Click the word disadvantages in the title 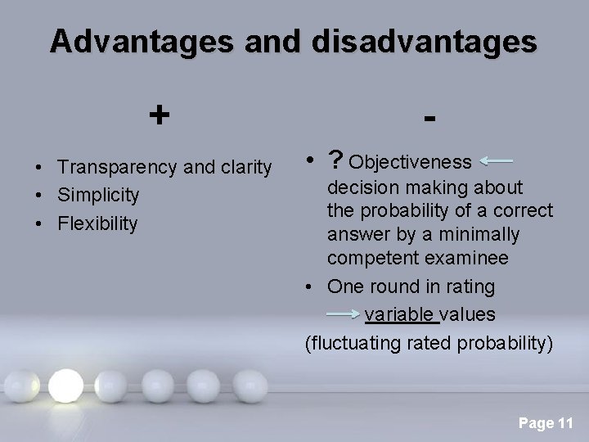(x=422, y=42)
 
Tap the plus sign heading (x=160, y=114)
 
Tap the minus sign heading (x=429, y=119)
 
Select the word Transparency (x=118, y=168)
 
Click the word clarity (x=242, y=168)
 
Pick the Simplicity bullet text (x=98, y=196)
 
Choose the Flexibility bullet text (x=98, y=223)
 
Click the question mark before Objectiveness (x=334, y=160)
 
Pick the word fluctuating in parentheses (x=353, y=342)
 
